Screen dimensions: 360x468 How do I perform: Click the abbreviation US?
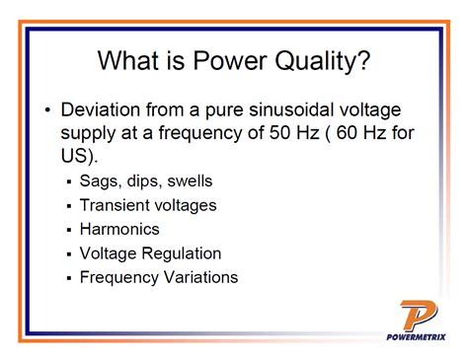pos(76,157)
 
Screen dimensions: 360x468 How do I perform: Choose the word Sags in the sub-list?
pos(100,182)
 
